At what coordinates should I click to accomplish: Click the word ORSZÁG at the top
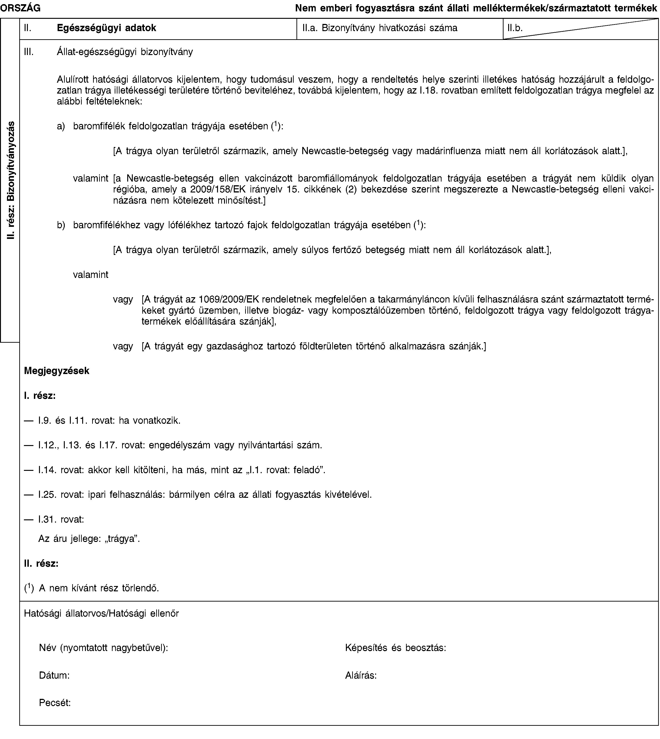coord(20,7)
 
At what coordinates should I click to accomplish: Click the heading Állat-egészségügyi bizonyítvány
coord(125,52)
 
